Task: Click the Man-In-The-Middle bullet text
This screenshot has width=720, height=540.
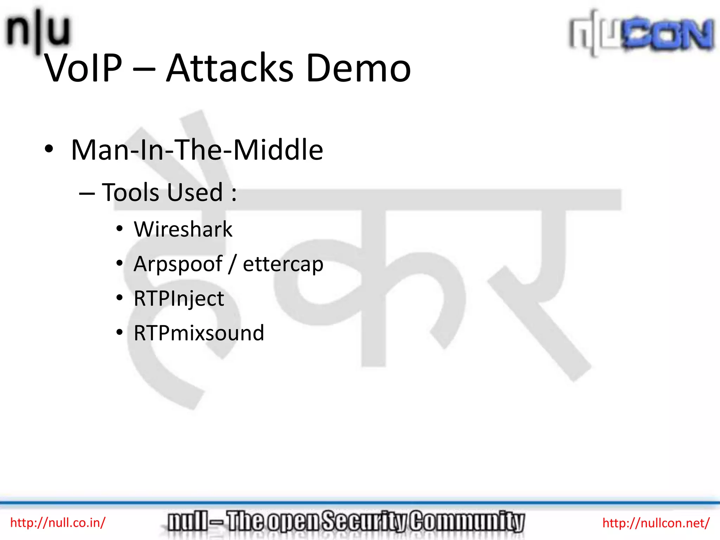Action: (197, 150)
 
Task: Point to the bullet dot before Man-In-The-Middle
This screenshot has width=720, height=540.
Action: (49, 149)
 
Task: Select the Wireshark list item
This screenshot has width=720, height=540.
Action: (183, 230)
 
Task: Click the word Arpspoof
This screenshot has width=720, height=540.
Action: (178, 264)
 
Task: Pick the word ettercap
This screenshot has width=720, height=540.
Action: (283, 264)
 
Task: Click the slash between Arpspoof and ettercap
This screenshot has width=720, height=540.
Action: (232, 264)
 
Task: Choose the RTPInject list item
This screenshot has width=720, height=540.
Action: (179, 299)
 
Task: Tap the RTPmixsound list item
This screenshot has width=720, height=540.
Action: (199, 333)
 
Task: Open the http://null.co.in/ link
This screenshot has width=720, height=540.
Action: (58, 523)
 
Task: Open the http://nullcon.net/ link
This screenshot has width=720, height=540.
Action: (656, 523)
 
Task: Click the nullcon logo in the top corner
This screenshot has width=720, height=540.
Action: (642, 33)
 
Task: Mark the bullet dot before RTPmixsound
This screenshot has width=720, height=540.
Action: (120, 332)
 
